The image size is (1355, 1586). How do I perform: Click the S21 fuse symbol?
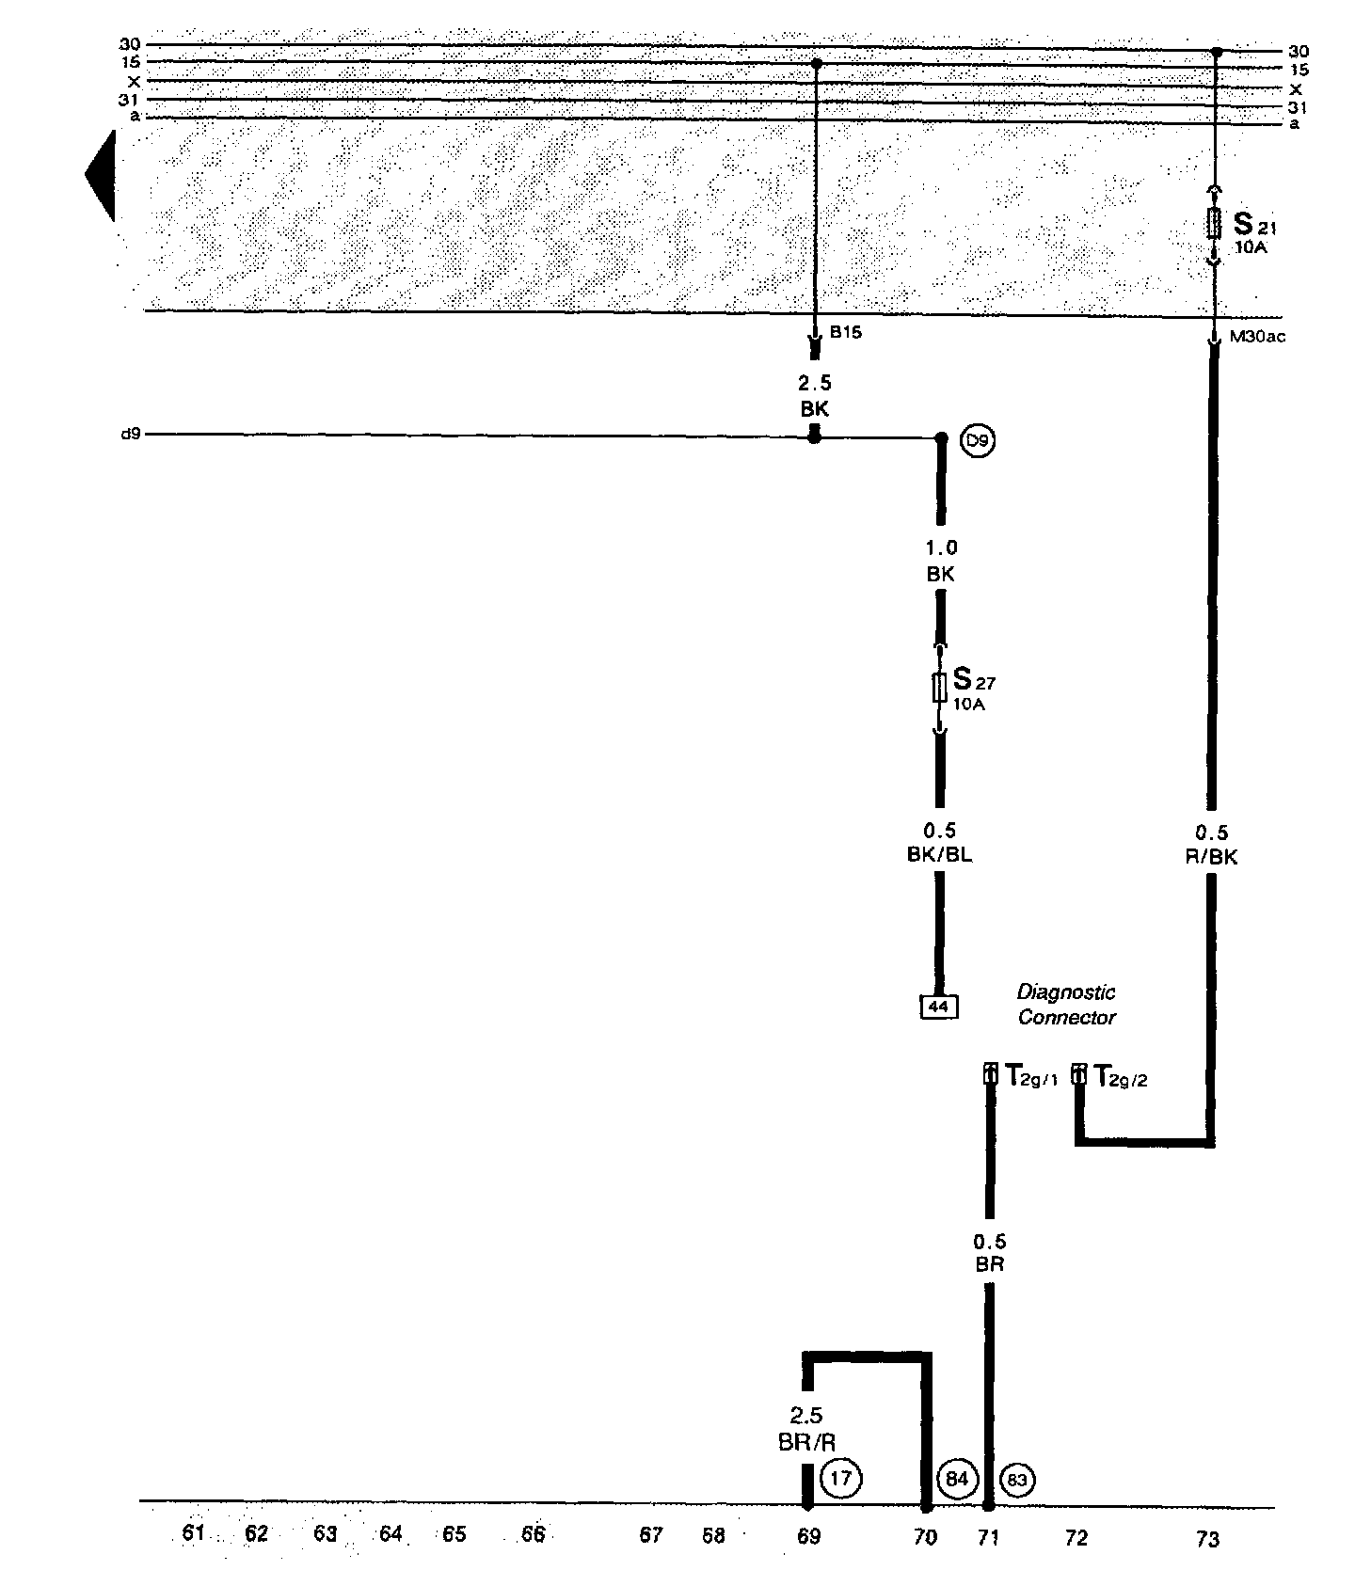1215,225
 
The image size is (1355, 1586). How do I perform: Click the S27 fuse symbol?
939,688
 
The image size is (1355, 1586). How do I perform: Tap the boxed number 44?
939,1007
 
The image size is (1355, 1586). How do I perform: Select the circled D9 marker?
978,440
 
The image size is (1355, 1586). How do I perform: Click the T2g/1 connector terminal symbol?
990,1074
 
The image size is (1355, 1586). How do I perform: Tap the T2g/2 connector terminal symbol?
1079,1074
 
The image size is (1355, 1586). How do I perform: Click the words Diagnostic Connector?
1067,1005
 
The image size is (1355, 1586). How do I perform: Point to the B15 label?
845,332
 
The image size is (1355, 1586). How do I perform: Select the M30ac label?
1257,337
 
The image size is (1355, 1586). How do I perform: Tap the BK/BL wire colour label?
940,855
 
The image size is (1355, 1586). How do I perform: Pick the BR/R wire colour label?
807,1443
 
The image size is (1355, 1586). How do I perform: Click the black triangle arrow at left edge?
101,175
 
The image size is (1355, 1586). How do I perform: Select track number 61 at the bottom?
194,1532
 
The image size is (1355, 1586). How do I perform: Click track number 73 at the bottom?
1207,1539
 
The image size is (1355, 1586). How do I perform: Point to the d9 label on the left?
132,435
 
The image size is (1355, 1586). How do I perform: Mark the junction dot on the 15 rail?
816,63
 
